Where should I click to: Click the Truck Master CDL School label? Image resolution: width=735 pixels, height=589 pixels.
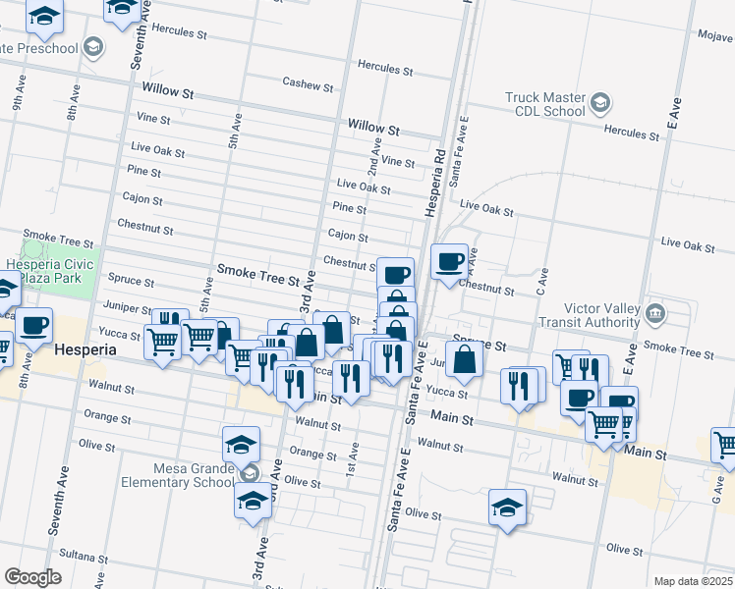tap(544, 104)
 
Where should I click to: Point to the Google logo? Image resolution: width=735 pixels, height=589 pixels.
tap(32, 577)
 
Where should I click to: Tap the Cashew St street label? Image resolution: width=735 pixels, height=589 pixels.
tap(308, 84)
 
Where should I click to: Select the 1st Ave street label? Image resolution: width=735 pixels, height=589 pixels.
tap(353, 452)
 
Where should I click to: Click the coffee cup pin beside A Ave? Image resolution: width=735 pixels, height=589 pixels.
tap(449, 261)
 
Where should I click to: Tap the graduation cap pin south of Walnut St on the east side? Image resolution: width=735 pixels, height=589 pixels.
tap(507, 508)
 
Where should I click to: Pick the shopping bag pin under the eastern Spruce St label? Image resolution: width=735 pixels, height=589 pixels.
tap(464, 358)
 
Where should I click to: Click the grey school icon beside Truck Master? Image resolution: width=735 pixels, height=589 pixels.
tap(597, 102)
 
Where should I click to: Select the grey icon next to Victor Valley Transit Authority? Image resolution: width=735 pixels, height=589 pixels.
tap(655, 314)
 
